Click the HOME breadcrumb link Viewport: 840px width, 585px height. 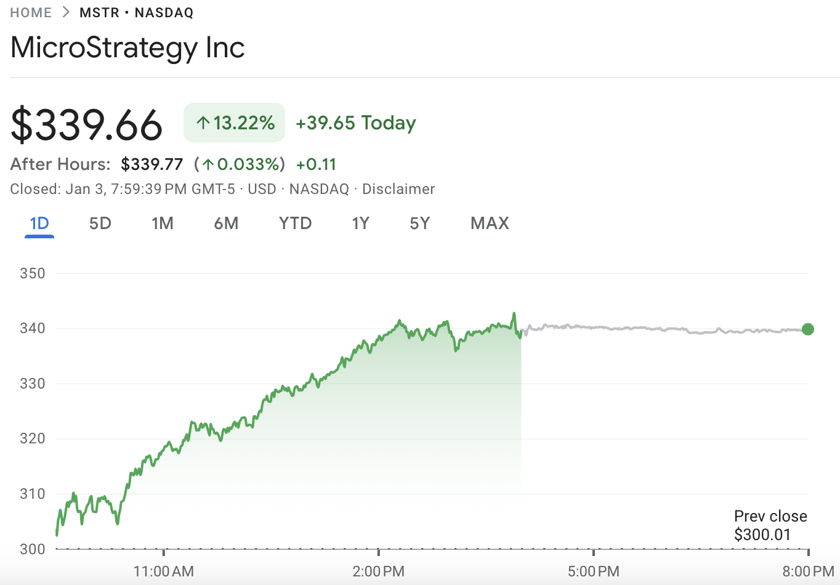pos(31,13)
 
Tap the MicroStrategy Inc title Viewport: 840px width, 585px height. pos(127,47)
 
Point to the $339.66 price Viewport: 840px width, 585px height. pos(87,124)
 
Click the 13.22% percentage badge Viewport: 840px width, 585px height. pos(235,123)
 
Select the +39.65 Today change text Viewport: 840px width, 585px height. pos(356,123)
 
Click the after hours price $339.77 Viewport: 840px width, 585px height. pos(152,164)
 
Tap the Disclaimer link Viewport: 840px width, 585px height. pos(398,189)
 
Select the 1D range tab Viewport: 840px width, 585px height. pos(39,223)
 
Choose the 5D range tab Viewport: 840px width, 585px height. pos(100,223)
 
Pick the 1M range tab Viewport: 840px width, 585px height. pos(163,223)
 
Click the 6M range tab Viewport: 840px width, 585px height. pos(226,223)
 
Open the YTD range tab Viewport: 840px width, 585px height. pos(296,223)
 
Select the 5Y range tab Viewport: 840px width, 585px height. pos(420,223)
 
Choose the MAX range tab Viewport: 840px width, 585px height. pos(490,223)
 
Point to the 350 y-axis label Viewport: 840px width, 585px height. pos(33,273)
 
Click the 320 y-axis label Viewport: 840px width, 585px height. pos(33,438)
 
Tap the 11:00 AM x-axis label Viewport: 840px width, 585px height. pos(164,571)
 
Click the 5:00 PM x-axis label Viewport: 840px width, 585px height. pos(594,571)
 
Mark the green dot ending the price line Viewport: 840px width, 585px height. pos(808,329)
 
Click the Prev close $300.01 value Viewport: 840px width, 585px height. pos(762,535)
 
